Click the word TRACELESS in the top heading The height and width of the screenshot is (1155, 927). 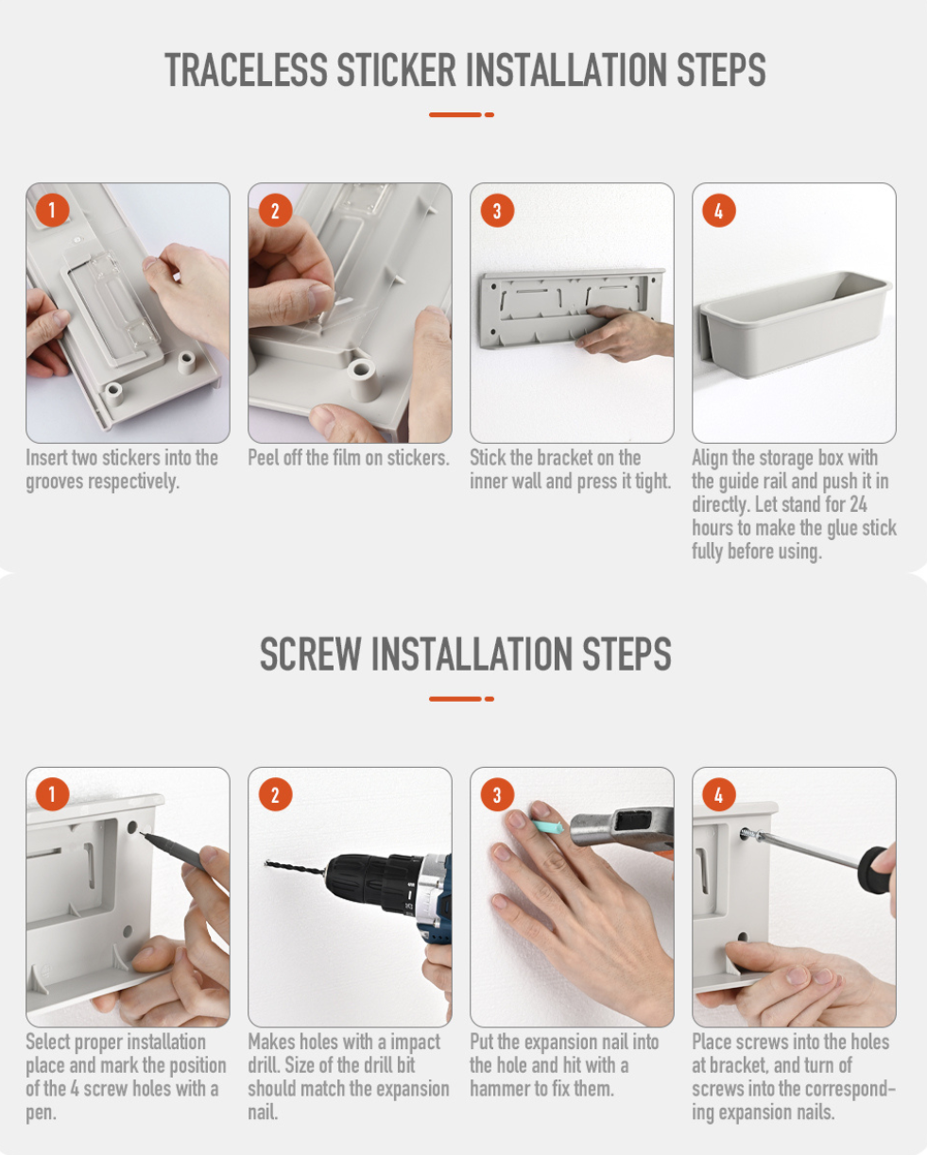click(x=246, y=70)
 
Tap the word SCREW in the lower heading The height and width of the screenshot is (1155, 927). click(x=311, y=654)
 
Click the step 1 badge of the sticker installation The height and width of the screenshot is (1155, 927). click(x=52, y=210)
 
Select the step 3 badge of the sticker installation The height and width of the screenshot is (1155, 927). click(x=497, y=211)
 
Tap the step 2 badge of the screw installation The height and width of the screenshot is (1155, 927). click(x=275, y=794)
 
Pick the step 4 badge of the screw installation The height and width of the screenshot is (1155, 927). click(x=718, y=794)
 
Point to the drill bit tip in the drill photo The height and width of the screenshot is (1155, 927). click(x=266, y=863)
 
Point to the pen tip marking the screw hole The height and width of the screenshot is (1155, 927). click(x=141, y=832)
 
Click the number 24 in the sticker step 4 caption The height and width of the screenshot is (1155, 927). click(x=858, y=504)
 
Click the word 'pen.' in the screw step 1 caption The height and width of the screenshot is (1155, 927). click(x=41, y=1113)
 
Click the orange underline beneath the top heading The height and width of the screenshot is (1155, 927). click(x=461, y=115)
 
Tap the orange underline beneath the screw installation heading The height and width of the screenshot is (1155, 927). click(x=461, y=699)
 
